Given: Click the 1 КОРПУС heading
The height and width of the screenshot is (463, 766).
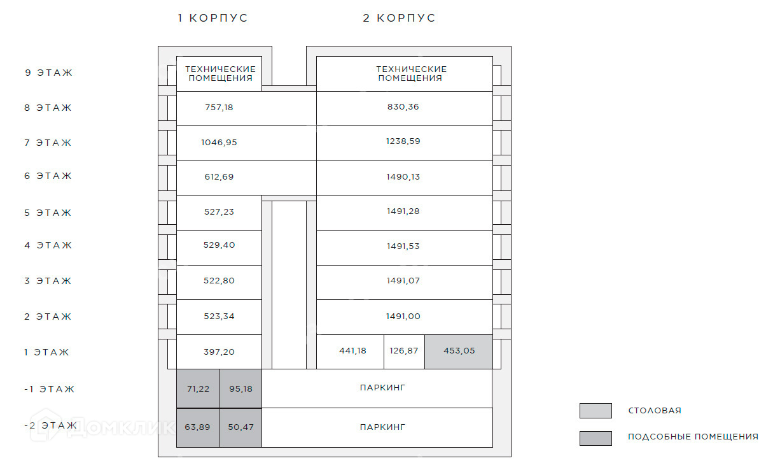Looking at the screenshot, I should [x=212, y=18].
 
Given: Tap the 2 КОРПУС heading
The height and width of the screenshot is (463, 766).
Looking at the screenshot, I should [x=399, y=18].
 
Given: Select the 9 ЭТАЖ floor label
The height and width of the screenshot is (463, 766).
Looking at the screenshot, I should [x=48, y=73].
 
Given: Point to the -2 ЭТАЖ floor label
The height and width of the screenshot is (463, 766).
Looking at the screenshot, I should [x=50, y=425].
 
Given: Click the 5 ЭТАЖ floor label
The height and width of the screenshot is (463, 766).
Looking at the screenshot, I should [x=48, y=213].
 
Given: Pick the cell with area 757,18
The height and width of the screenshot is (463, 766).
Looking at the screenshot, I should [x=219, y=108].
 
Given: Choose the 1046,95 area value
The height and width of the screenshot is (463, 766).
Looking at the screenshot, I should [x=219, y=143].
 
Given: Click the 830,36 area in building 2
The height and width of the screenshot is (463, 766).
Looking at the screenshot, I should [x=403, y=107].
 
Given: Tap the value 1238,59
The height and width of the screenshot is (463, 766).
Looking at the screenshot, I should [x=403, y=141].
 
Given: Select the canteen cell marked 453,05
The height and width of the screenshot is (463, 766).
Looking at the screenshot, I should [x=459, y=351].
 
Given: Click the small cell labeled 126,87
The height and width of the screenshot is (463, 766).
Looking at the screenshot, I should [x=404, y=351].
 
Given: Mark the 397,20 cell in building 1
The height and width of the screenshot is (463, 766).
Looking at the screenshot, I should [x=219, y=351].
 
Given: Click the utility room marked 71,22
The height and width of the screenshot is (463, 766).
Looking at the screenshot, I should [x=198, y=388].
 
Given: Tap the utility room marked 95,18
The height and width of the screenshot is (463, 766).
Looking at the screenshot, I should [x=240, y=388].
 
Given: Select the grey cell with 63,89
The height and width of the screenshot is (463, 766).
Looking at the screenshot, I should [x=198, y=427].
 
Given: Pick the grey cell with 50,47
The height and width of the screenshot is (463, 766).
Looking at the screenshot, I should [x=240, y=427].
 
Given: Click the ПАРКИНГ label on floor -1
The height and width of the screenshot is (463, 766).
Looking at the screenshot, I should [x=382, y=387].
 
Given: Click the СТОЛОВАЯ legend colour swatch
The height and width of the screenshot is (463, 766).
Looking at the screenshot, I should [x=595, y=411].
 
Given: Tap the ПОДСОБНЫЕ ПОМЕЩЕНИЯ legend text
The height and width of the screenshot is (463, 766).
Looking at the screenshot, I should [x=693, y=437].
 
